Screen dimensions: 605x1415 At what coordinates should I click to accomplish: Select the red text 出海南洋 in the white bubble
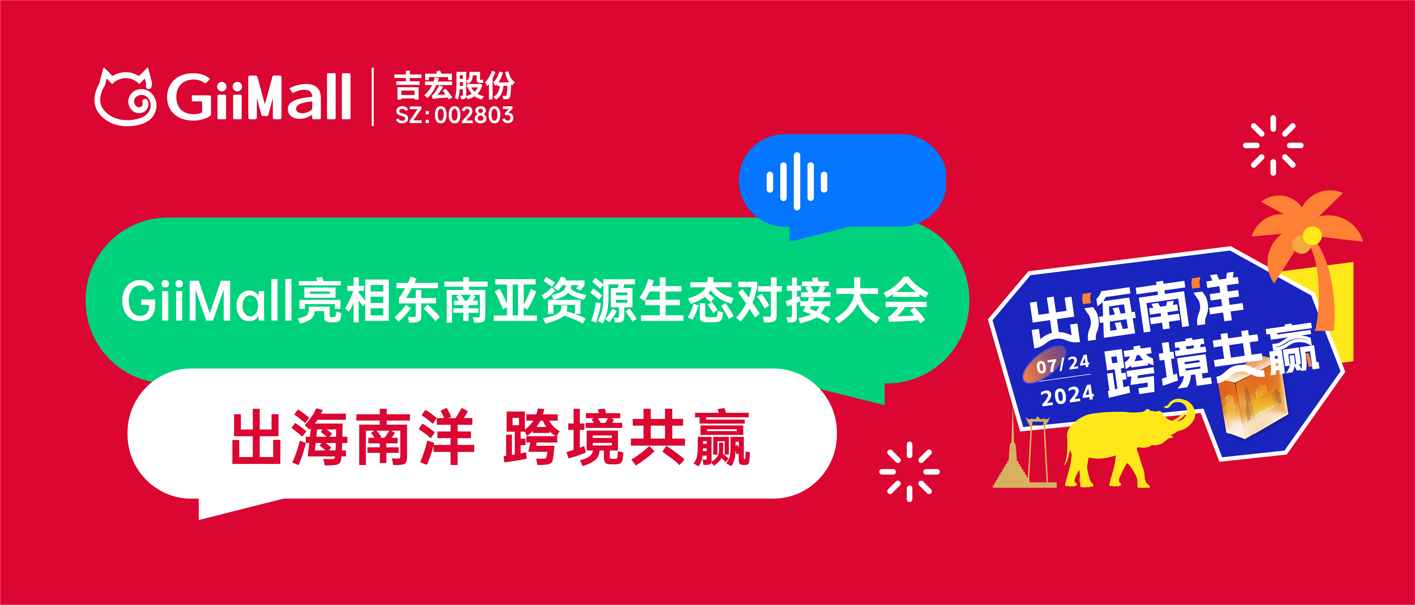point(353,437)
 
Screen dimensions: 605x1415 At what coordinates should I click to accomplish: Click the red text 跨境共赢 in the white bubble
point(626,437)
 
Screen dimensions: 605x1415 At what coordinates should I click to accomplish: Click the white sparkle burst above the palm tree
point(1273,145)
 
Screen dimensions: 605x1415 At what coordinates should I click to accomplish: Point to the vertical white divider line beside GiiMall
point(373,97)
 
